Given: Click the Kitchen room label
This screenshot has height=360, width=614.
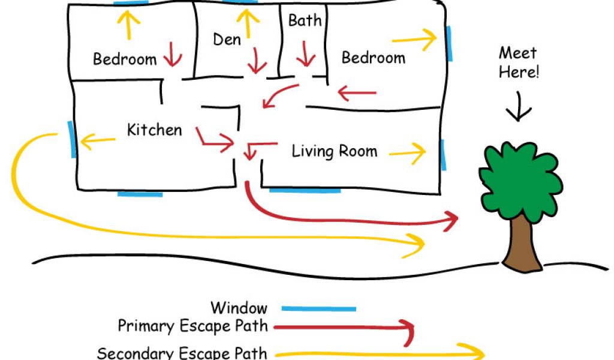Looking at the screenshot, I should point(154,130).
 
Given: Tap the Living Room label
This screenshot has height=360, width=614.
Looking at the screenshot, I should point(334,151).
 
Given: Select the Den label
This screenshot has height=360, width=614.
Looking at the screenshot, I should point(227,40).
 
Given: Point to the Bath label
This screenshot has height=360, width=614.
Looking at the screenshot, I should point(305,21).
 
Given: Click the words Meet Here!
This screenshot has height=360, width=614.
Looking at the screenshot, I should point(519,62).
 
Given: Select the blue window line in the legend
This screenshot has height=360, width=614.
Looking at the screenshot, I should point(318,309).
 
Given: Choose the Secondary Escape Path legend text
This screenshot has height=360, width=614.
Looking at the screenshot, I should point(182,353).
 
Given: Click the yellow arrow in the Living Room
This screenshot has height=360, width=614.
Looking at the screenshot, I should point(408,152).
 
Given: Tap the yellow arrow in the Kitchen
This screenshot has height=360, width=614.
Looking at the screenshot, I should point(97,142).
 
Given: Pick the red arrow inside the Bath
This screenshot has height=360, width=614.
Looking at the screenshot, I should point(306,54).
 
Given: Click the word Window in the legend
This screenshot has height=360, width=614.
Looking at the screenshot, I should point(239,308).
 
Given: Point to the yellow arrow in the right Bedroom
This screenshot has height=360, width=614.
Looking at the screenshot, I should point(415,39).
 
